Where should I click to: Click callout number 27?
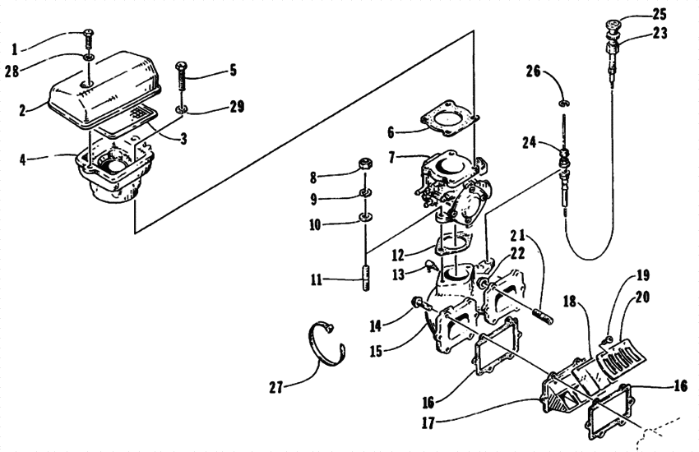(x=280, y=387)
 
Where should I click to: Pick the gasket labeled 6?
(x=447, y=120)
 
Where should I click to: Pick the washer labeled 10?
(x=362, y=219)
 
